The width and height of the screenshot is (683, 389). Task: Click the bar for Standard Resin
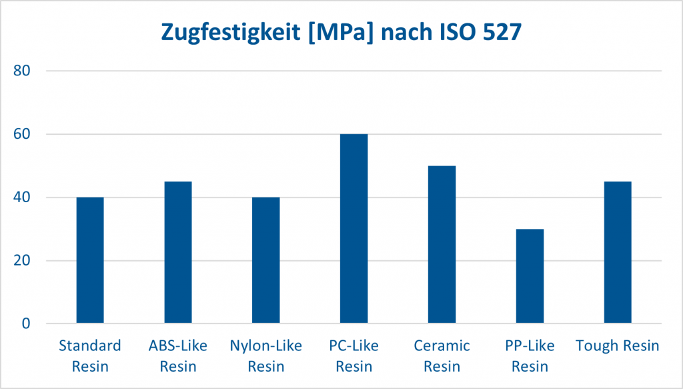tap(90, 260)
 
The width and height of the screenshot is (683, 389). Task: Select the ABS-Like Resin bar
tap(178, 252)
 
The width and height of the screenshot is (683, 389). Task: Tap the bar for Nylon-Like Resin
tap(265, 260)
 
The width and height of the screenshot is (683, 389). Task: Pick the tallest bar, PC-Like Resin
tap(354, 229)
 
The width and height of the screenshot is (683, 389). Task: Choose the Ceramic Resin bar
tap(442, 245)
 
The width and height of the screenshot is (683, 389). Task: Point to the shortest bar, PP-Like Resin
tap(530, 276)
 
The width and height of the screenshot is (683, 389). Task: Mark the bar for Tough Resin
tap(617, 252)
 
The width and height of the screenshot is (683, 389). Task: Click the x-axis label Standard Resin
tap(90, 356)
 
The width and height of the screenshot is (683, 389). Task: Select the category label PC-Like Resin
tap(354, 356)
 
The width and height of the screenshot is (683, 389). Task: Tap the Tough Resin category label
tap(617, 346)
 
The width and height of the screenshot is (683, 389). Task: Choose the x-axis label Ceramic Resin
tap(442, 356)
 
